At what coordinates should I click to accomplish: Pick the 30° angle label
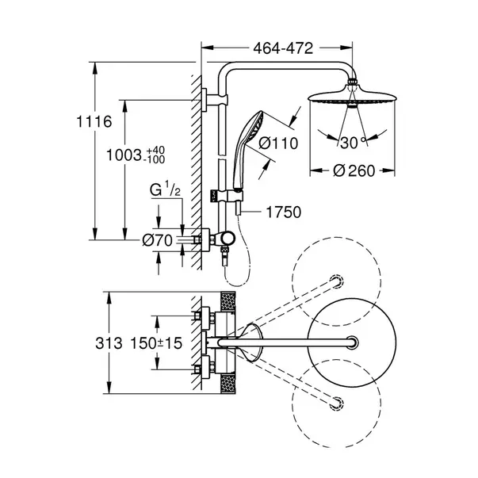pos(350,143)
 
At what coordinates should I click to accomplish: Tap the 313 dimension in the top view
pos(109,343)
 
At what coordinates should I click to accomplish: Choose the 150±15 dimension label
pos(150,343)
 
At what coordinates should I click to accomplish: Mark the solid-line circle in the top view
pos(349,342)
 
